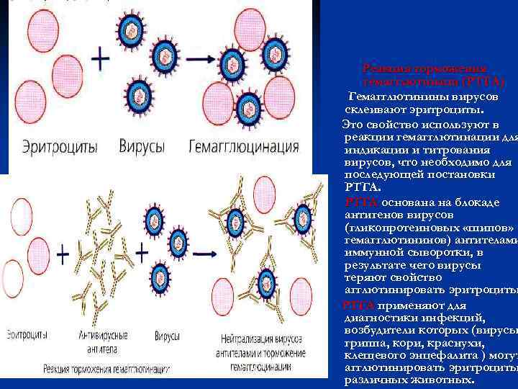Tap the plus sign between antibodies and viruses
point(143,254)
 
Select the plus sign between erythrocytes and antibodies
point(63,254)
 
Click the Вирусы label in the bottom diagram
point(165,336)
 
